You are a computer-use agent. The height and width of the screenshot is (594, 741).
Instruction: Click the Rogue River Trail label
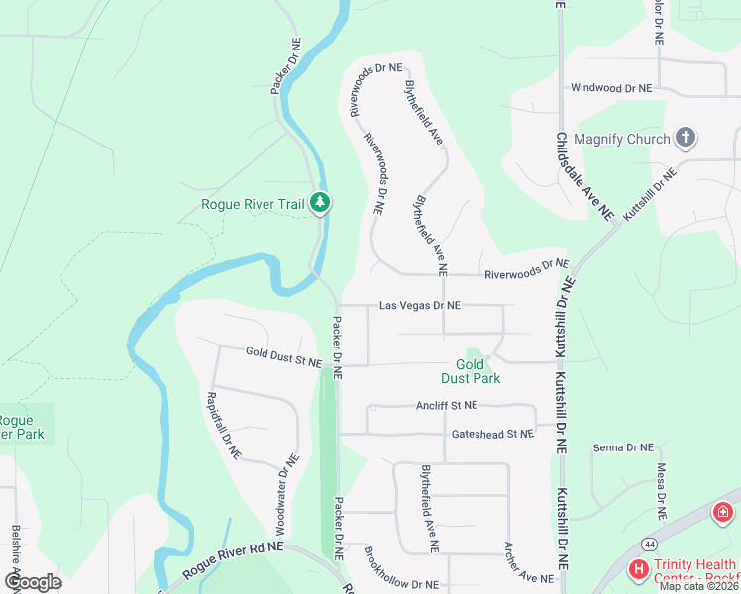coord(252,205)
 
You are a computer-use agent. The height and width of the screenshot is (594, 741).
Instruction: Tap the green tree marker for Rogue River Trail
coord(319,202)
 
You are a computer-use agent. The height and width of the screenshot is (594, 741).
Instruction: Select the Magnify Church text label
coord(622,139)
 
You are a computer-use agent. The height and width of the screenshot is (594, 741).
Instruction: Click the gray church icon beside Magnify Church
coord(686,138)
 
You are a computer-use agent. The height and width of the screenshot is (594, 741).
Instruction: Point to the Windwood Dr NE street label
coord(612,88)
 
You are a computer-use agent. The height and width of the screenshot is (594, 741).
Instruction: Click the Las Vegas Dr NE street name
coord(420,306)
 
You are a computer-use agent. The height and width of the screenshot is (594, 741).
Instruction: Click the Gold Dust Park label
coord(471,371)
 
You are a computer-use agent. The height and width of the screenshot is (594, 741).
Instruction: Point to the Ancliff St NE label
coord(447,405)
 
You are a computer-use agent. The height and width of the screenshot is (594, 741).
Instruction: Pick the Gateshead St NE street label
coord(492,434)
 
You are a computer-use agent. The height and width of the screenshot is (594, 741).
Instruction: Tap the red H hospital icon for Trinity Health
coord(639,570)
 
